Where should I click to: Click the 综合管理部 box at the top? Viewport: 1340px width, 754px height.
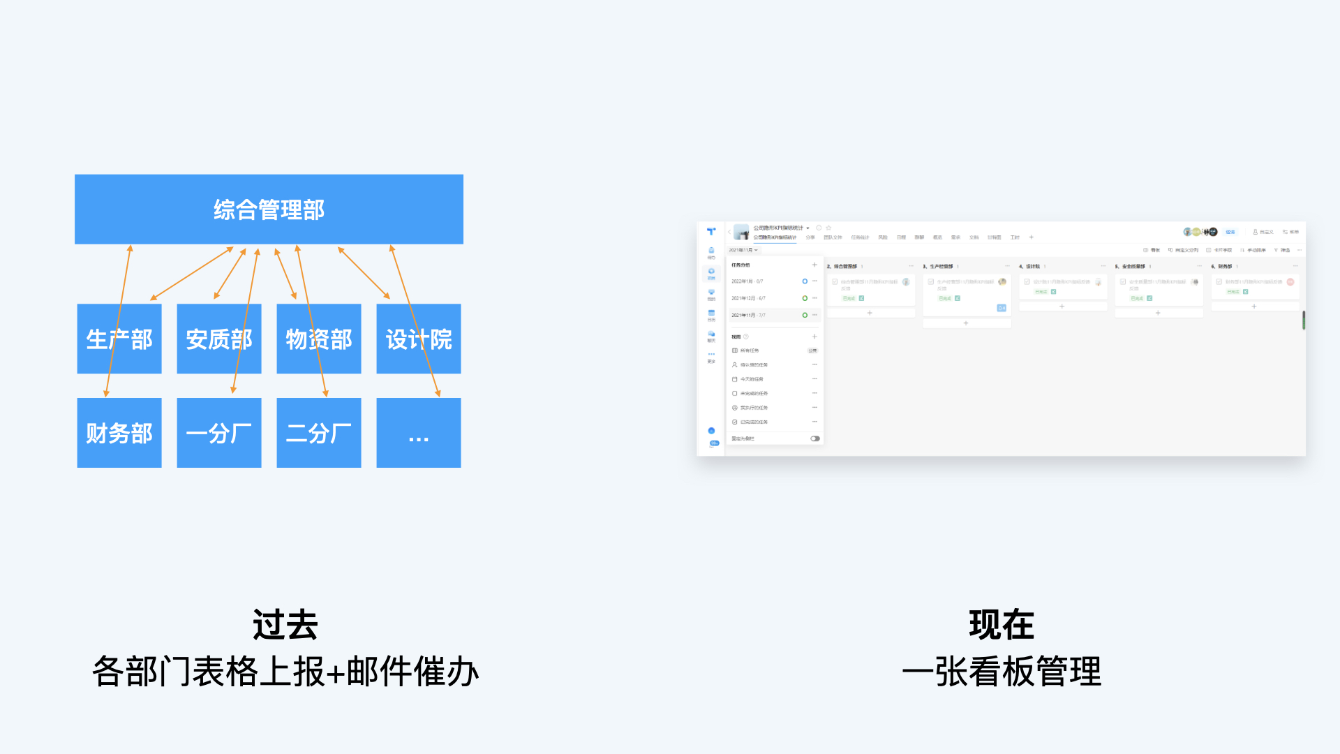tap(269, 209)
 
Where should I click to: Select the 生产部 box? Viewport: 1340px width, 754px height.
tap(119, 339)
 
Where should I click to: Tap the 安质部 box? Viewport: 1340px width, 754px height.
tap(219, 339)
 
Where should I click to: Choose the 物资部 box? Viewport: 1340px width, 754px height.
tap(319, 339)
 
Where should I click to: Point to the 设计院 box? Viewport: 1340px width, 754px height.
tap(419, 339)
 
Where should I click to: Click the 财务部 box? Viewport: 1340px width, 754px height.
tap(119, 433)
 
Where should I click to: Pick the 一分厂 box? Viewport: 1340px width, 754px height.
tap(219, 433)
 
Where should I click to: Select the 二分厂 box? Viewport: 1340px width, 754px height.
tap(319, 433)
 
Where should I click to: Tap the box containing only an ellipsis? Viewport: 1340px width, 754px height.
tap(419, 433)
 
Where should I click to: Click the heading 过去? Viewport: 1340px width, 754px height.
tap(285, 625)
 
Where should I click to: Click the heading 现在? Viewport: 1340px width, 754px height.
tap(1002, 625)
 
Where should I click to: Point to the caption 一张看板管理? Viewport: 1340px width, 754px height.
tap(1002, 672)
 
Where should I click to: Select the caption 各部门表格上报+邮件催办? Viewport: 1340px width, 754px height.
tap(285, 672)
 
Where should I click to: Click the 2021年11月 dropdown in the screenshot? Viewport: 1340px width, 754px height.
tap(743, 250)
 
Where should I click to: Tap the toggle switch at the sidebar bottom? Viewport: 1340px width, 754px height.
tap(814, 438)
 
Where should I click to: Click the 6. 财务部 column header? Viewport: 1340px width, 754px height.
tap(1225, 266)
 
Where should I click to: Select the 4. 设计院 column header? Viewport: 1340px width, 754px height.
tap(1033, 266)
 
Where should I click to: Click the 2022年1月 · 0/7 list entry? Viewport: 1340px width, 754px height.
tap(747, 281)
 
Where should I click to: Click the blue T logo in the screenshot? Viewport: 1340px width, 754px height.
tap(711, 231)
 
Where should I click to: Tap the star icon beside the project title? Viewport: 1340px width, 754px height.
tap(828, 228)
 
